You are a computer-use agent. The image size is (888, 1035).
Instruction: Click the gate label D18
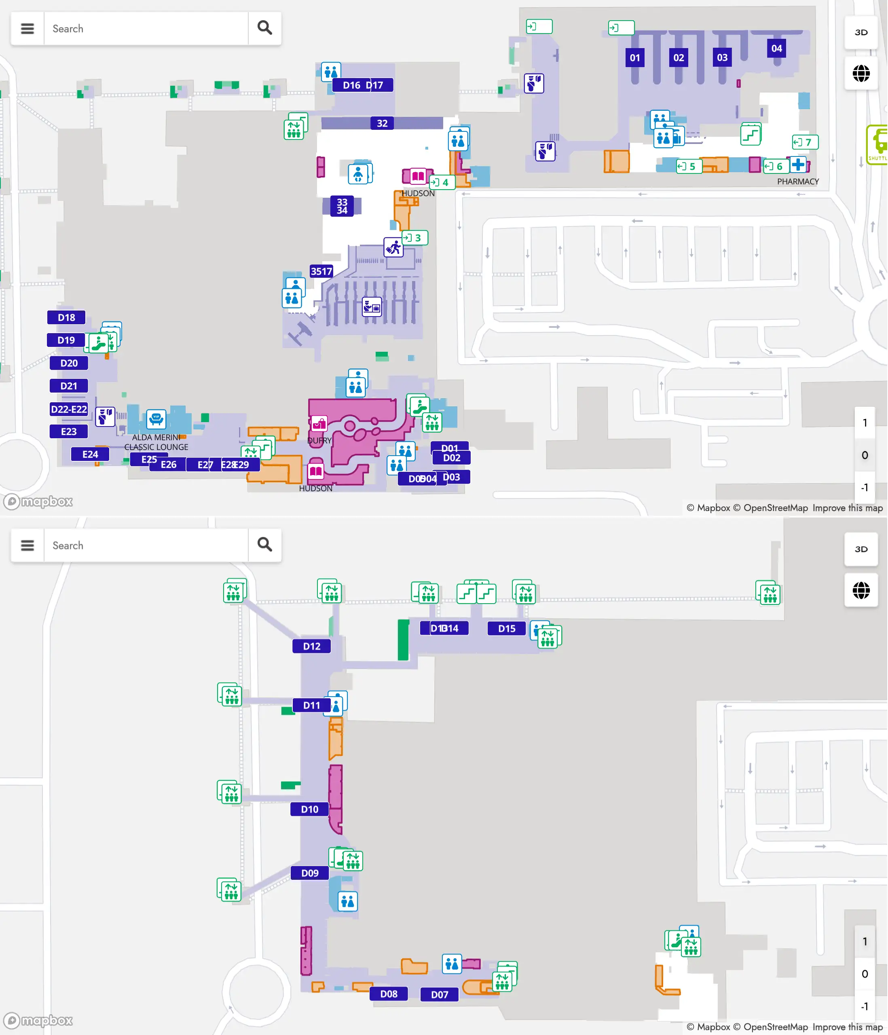click(66, 317)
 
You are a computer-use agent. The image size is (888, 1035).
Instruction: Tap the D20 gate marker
click(69, 363)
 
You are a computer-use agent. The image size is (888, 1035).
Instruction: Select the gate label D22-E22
click(69, 409)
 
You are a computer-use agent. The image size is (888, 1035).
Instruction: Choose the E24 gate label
click(90, 454)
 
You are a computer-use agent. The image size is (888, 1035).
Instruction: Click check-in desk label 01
click(634, 57)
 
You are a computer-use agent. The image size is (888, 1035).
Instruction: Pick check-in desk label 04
click(776, 49)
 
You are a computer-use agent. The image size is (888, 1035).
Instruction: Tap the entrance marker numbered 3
click(415, 238)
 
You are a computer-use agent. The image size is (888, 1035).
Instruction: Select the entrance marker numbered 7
click(805, 142)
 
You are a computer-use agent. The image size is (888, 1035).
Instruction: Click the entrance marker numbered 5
click(689, 166)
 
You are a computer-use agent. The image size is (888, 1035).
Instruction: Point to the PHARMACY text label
click(797, 181)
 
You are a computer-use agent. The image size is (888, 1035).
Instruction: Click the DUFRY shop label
click(319, 440)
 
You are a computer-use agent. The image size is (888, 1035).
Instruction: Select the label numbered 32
click(382, 123)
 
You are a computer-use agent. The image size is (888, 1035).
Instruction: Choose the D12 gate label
click(311, 646)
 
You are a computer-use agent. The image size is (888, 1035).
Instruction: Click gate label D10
click(309, 809)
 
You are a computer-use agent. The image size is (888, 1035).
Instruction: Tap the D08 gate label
click(388, 993)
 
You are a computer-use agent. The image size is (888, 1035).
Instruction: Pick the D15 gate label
click(506, 628)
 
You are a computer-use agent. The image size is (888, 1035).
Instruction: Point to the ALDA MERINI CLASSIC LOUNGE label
click(156, 442)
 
